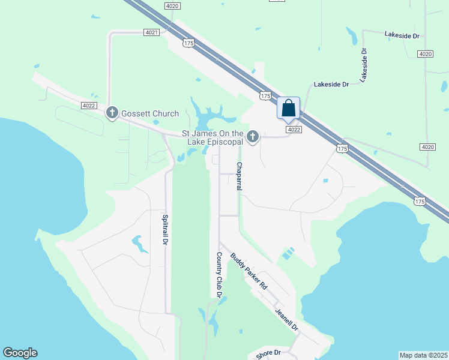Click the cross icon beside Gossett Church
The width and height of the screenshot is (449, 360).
pos(112,113)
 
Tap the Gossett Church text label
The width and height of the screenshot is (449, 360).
pos(150,113)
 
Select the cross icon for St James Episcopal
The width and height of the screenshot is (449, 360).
pos(253,137)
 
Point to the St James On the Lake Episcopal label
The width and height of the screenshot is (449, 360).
pos(212,137)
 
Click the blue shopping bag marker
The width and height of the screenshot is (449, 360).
pos(288,109)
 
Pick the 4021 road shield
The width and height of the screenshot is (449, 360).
pos(151,32)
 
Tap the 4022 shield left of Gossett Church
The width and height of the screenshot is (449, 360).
pos(89,106)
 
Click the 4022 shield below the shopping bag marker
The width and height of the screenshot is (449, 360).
pos(293,130)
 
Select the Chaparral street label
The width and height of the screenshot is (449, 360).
pos(239,176)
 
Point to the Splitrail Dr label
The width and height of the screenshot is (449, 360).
pos(163,229)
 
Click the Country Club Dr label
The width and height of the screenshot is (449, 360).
pos(219,275)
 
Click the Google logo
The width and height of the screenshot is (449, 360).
pos(20,353)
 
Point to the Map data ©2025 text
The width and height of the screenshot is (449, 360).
pos(423,355)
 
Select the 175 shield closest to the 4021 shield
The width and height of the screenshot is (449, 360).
pos(188,43)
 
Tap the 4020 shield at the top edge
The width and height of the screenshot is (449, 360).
pos(172,5)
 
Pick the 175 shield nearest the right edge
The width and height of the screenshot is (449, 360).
pos(420,202)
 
